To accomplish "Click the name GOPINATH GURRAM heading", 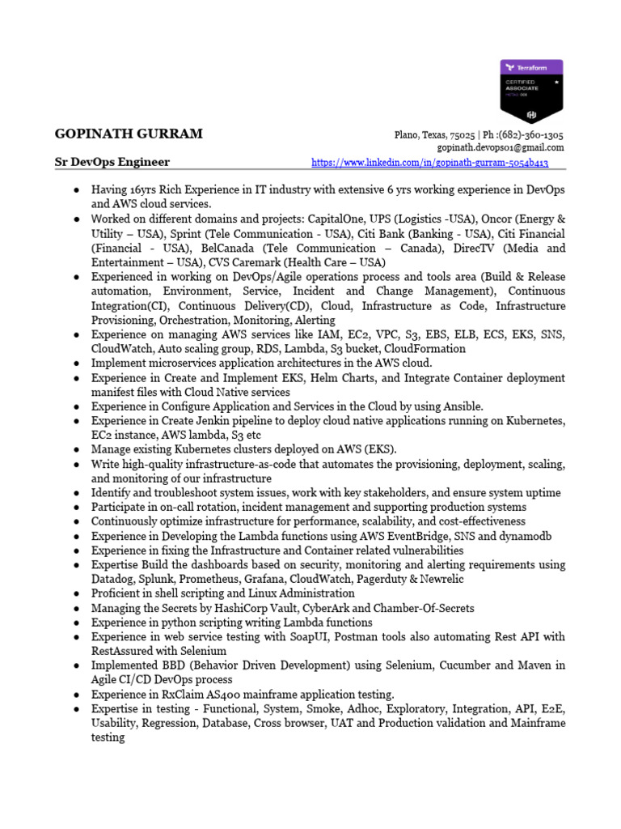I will click(x=129, y=134).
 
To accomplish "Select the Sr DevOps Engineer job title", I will click(x=112, y=162).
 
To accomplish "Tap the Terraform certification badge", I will click(x=531, y=90).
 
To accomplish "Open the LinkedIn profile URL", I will click(x=429, y=163).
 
